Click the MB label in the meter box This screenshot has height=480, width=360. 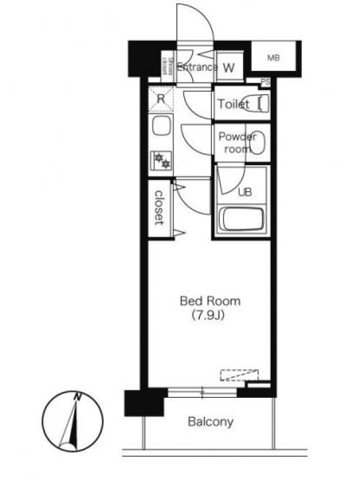[274, 58]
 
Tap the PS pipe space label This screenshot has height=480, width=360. [265, 82]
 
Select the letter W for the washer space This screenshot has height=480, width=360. [229, 68]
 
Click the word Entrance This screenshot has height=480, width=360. [197, 67]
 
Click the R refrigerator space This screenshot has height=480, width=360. [161, 98]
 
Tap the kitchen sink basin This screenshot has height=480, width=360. [161, 125]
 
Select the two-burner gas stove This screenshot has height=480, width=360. [161, 161]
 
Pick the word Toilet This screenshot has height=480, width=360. [233, 104]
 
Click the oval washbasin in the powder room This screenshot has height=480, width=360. [257, 142]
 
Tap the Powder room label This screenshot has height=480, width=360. [237, 143]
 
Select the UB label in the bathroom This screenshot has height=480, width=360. [245, 192]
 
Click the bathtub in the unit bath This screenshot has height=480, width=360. [242, 219]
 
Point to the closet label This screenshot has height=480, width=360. [159, 208]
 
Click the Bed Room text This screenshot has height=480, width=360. [210, 301]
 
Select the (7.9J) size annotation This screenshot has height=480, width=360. [208, 315]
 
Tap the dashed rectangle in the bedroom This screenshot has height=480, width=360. [239, 376]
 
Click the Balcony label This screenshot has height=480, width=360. [211, 422]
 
